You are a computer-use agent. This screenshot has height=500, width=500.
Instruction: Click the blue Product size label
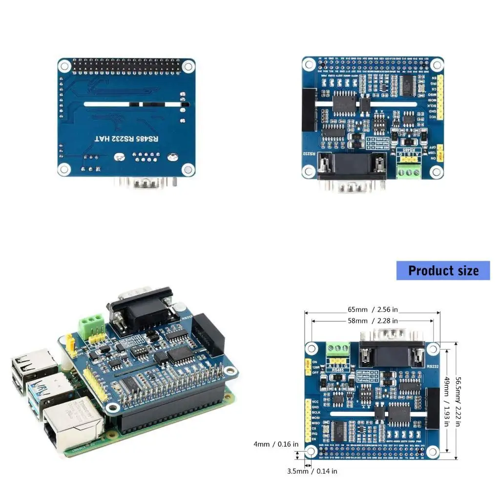pos(443,271)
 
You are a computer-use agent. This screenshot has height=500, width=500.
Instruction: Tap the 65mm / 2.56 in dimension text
pos(373,310)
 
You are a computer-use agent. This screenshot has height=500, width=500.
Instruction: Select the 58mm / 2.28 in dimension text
pos(373,321)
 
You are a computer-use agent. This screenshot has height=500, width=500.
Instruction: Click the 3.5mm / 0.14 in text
pos(312,471)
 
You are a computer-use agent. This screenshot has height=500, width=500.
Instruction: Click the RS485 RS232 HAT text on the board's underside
pos(126,139)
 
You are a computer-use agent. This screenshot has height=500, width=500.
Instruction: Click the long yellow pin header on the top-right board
pos(440,98)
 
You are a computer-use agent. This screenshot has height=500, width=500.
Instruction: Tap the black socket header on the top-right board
pos(309,110)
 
